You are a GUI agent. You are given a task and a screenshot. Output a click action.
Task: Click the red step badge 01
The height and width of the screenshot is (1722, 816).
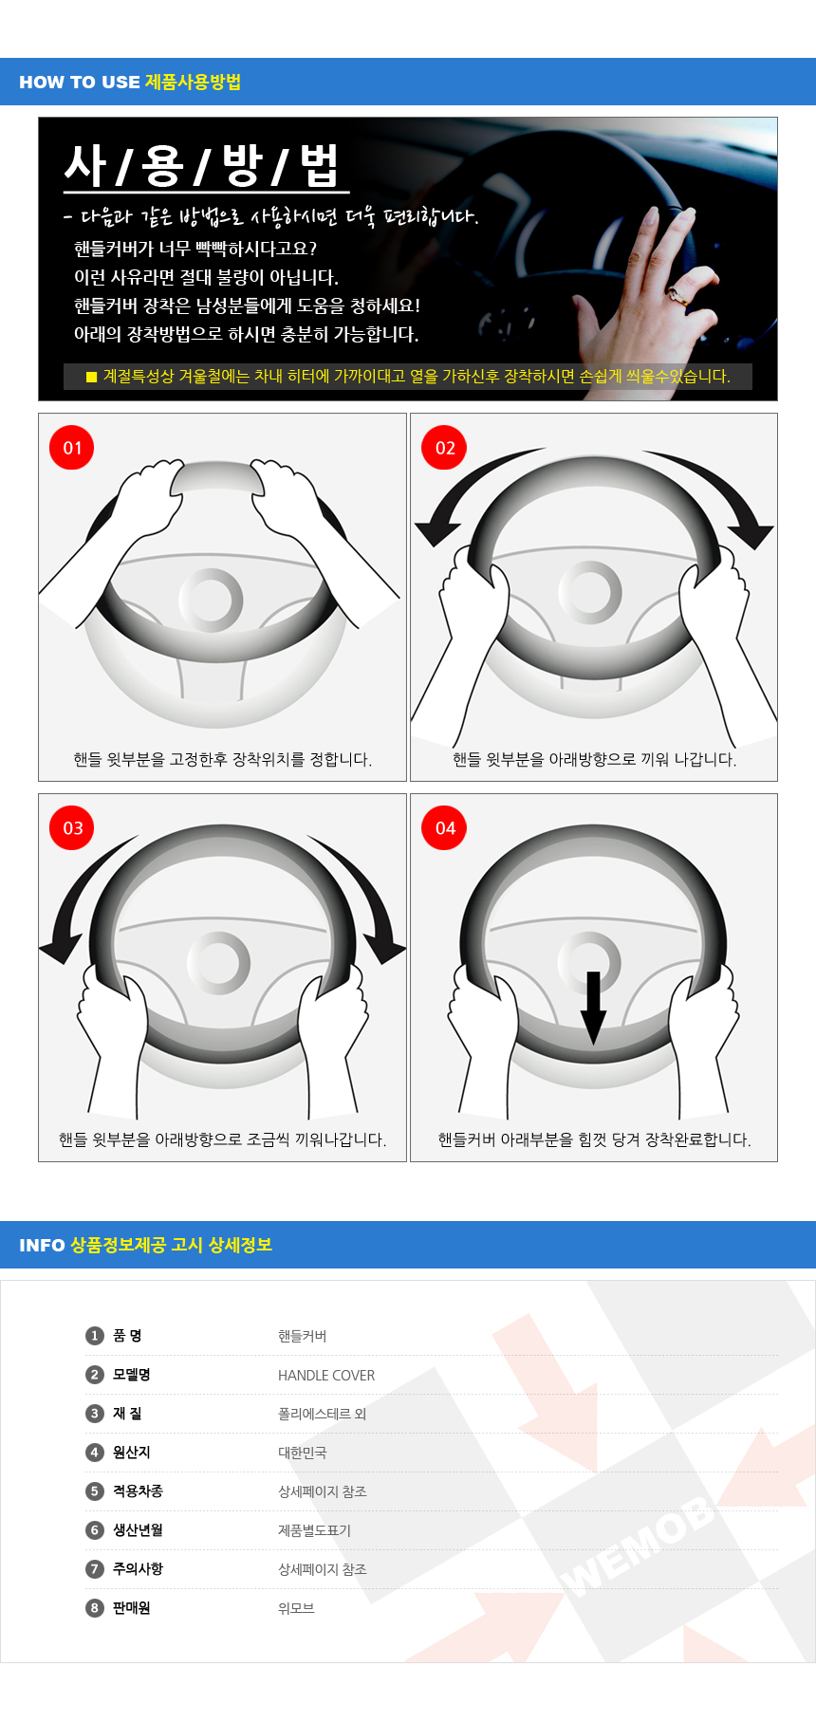pos(72,447)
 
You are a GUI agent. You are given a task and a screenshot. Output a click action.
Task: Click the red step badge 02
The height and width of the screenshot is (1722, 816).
pos(444,447)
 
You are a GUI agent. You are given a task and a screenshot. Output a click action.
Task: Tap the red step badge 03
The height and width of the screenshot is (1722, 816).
pos(72,827)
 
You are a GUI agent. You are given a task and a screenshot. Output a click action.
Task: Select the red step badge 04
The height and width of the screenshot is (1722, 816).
pos(444,827)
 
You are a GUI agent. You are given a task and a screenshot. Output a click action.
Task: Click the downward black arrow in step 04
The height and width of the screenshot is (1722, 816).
pos(593,1008)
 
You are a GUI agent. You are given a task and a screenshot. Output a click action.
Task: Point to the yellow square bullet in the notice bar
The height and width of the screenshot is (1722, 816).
pos(92,377)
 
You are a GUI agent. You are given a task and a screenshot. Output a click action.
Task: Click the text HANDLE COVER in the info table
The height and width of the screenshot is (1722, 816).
pos(326,1375)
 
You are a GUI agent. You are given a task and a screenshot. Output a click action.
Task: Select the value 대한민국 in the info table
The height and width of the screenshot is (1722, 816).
pos(303,1453)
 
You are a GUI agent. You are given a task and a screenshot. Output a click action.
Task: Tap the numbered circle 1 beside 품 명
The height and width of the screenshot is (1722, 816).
pos(94,1336)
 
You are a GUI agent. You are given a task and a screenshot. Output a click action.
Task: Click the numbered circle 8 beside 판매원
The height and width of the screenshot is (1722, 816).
pos(94,1608)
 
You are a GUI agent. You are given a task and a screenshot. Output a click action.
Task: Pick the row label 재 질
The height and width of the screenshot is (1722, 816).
pos(127,1414)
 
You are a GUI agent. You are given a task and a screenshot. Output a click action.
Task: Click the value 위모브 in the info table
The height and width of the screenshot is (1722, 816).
pos(296,1608)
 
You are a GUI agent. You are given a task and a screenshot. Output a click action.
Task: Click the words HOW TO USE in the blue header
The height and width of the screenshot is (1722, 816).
pos(80,83)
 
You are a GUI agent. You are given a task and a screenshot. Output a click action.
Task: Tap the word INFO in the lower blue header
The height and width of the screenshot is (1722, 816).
pos(42,1246)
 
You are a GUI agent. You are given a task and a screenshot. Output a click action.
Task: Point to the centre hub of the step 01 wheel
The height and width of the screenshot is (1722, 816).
pos(211,600)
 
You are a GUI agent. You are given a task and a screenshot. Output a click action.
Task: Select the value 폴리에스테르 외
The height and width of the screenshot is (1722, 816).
pos(323,1414)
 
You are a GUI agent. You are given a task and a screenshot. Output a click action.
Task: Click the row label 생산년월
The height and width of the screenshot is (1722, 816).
pos(138,1530)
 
